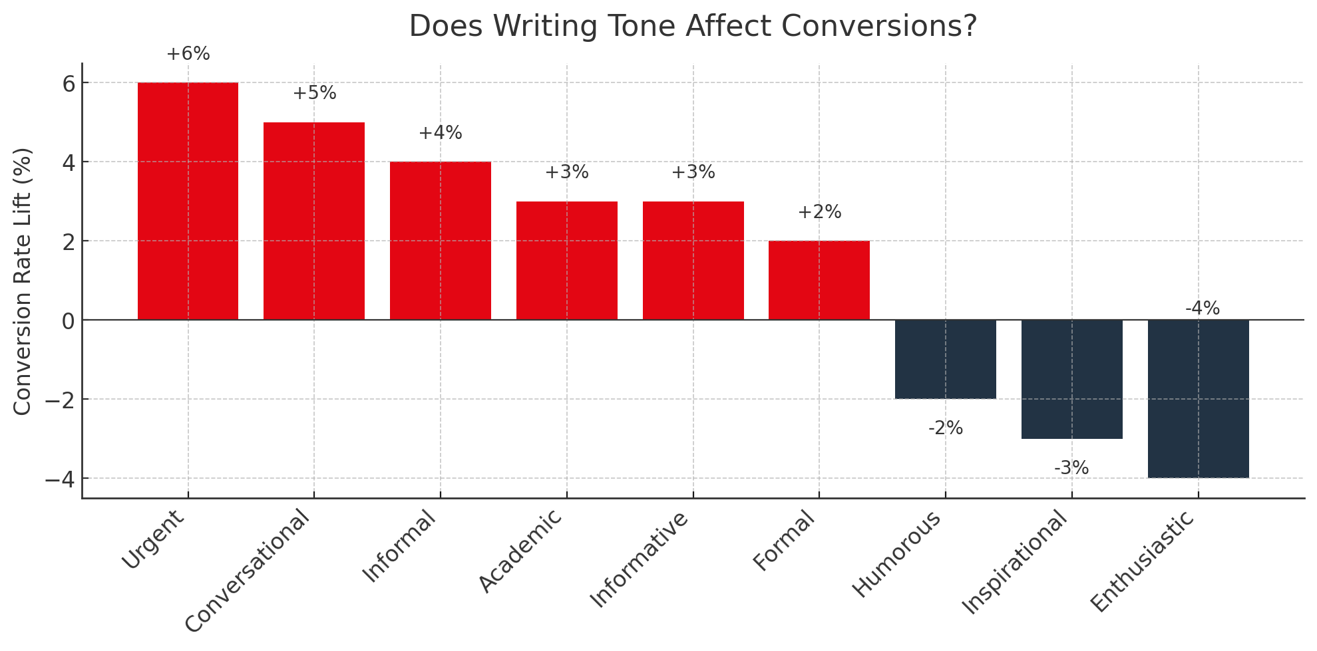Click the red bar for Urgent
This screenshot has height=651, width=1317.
188,201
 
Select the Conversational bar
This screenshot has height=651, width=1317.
314,221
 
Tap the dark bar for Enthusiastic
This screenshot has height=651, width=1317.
1198,399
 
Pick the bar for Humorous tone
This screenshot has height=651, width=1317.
945,359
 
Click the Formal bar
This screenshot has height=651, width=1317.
819,280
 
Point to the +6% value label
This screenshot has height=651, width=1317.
188,54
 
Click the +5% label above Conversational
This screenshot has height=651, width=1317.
314,93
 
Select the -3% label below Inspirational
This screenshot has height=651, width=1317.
1071,468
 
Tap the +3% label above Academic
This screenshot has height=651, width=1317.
567,172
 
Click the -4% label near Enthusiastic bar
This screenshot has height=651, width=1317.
1202,309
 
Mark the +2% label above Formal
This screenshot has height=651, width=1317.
819,212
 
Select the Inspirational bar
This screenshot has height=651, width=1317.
1071,379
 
